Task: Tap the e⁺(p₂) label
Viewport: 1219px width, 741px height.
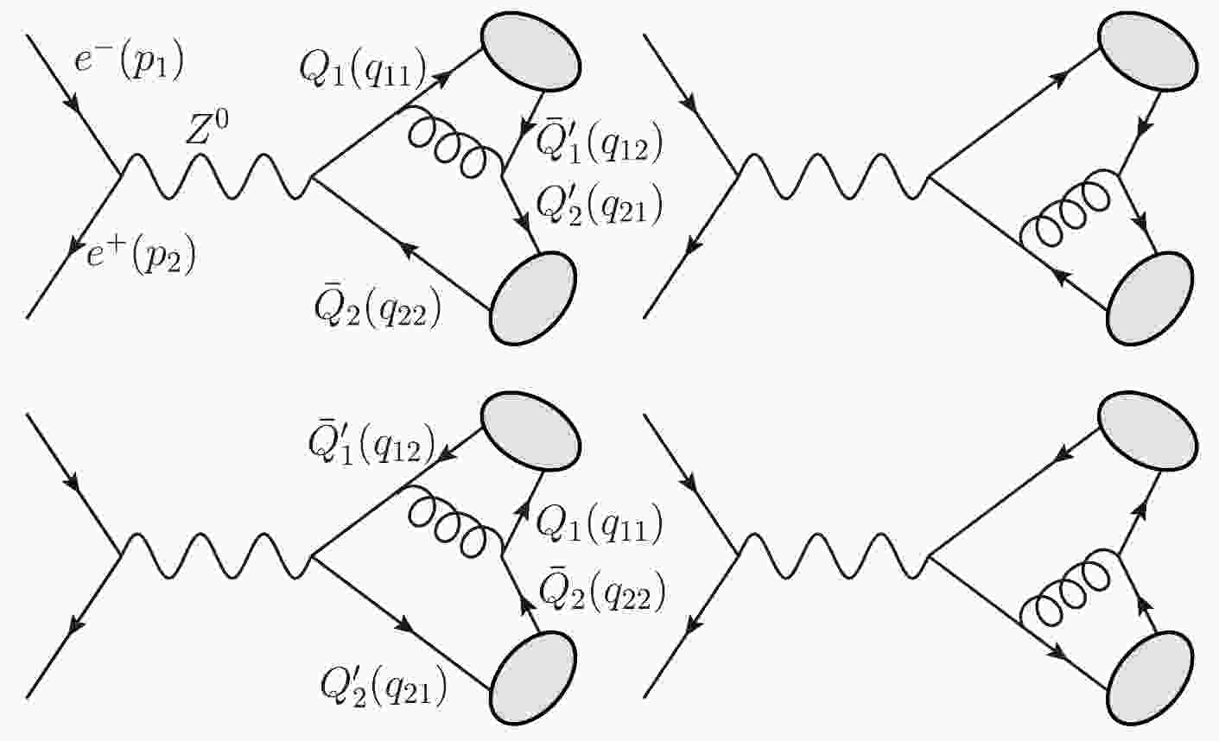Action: coord(141,256)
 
